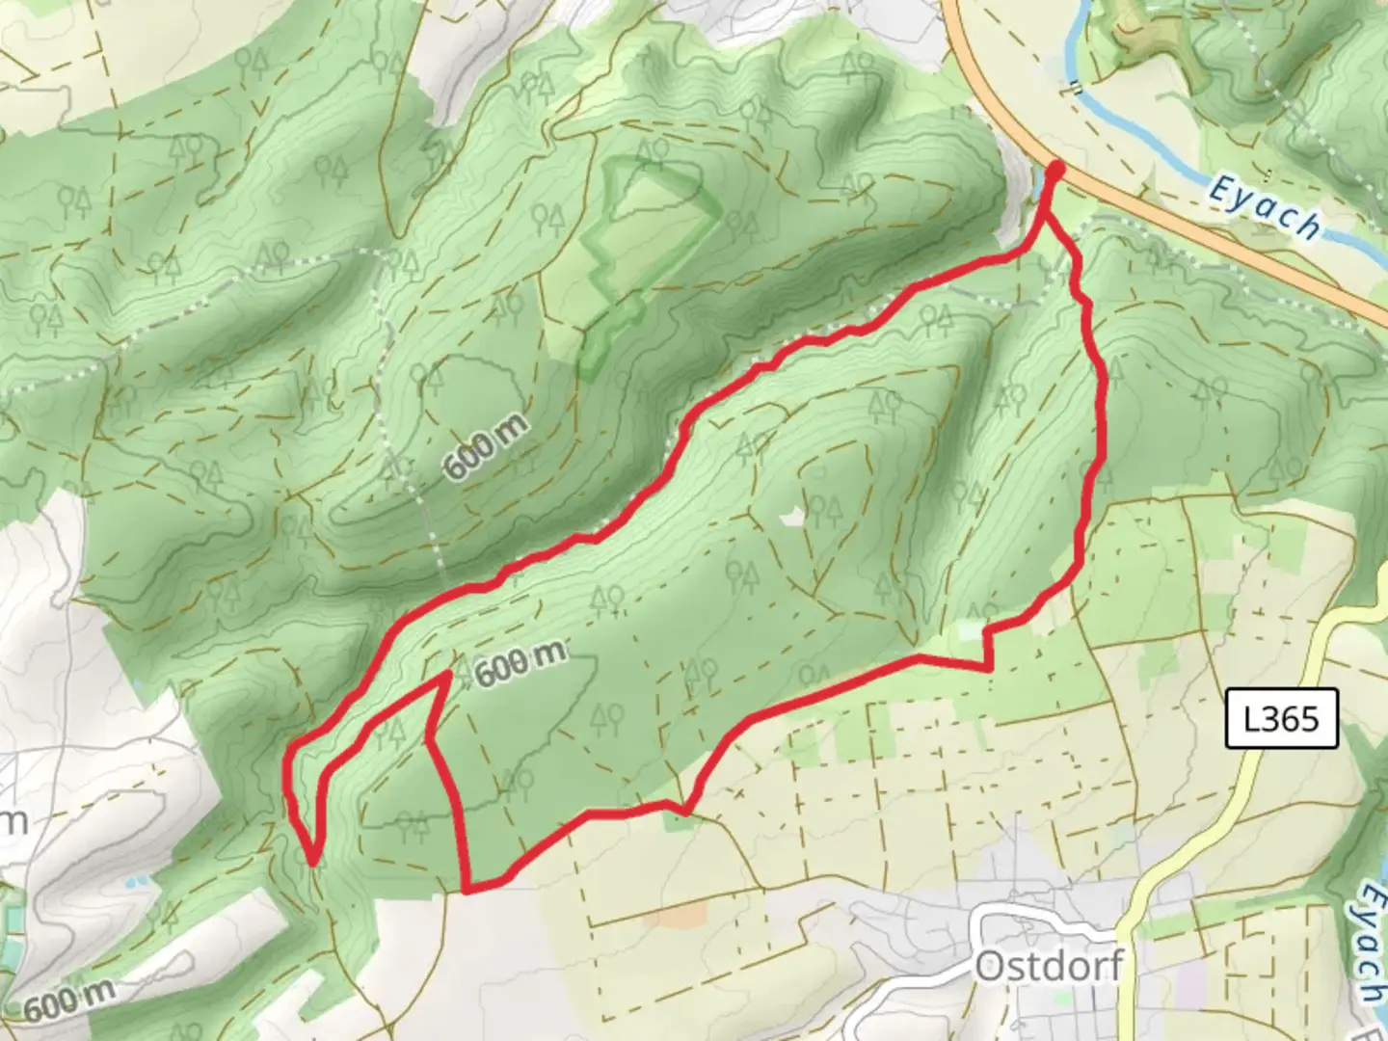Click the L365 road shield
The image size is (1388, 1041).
[x=1281, y=718]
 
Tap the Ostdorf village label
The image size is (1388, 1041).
[x=1049, y=965]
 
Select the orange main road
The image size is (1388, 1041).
[x=1205, y=231]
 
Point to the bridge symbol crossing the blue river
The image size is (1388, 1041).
[x=1073, y=91]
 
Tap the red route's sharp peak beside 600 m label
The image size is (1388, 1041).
[x=448, y=676]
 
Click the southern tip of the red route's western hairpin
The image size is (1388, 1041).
[x=313, y=861]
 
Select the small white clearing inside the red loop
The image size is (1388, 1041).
[x=791, y=518]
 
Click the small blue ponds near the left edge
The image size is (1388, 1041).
[x=137, y=879]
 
